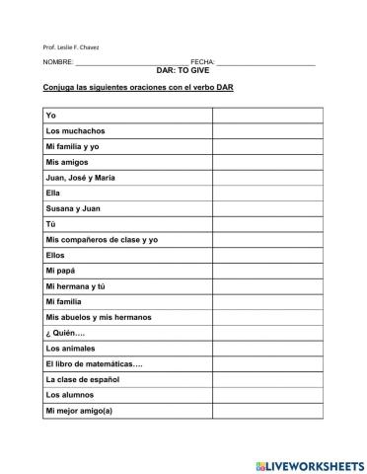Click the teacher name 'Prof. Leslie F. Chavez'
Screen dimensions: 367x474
pyautogui.click(x=71, y=46)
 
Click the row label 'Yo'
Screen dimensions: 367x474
pyautogui.click(x=51, y=116)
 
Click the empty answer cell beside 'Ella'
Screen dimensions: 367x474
pyautogui.click(x=266, y=193)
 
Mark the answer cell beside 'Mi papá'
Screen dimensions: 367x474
pyautogui.click(x=266, y=270)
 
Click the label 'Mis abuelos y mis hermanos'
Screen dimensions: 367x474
pyautogui.click(x=95, y=316)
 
